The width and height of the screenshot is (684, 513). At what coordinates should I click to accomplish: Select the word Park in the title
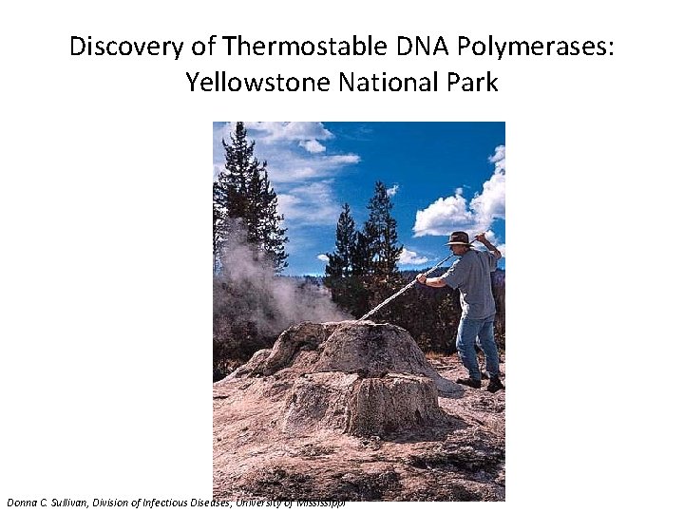pos(474,83)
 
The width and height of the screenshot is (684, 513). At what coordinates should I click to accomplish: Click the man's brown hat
pos(459,237)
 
